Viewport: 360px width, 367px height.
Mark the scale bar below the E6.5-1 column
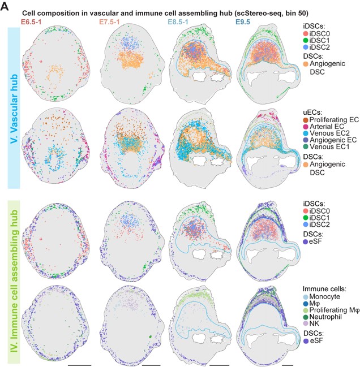[x=79, y=365]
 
